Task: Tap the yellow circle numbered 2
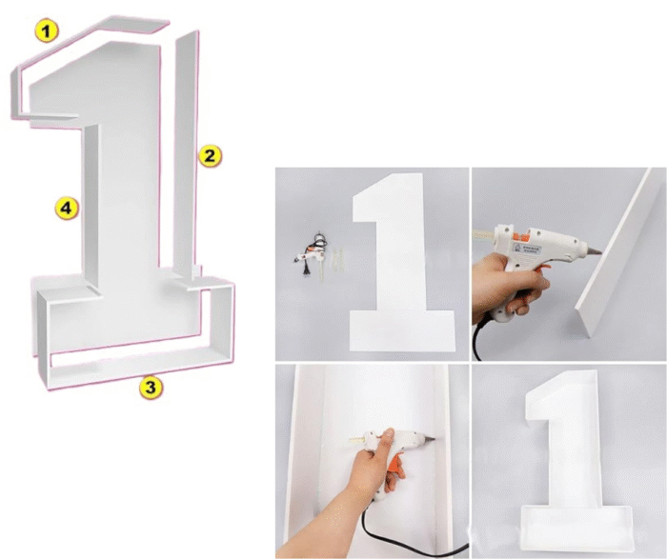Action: (x=210, y=154)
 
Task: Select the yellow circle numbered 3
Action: (x=150, y=387)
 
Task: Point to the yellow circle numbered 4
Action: (x=65, y=208)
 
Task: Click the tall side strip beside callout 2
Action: (x=187, y=143)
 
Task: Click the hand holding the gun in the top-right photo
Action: (x=500, y=286)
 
